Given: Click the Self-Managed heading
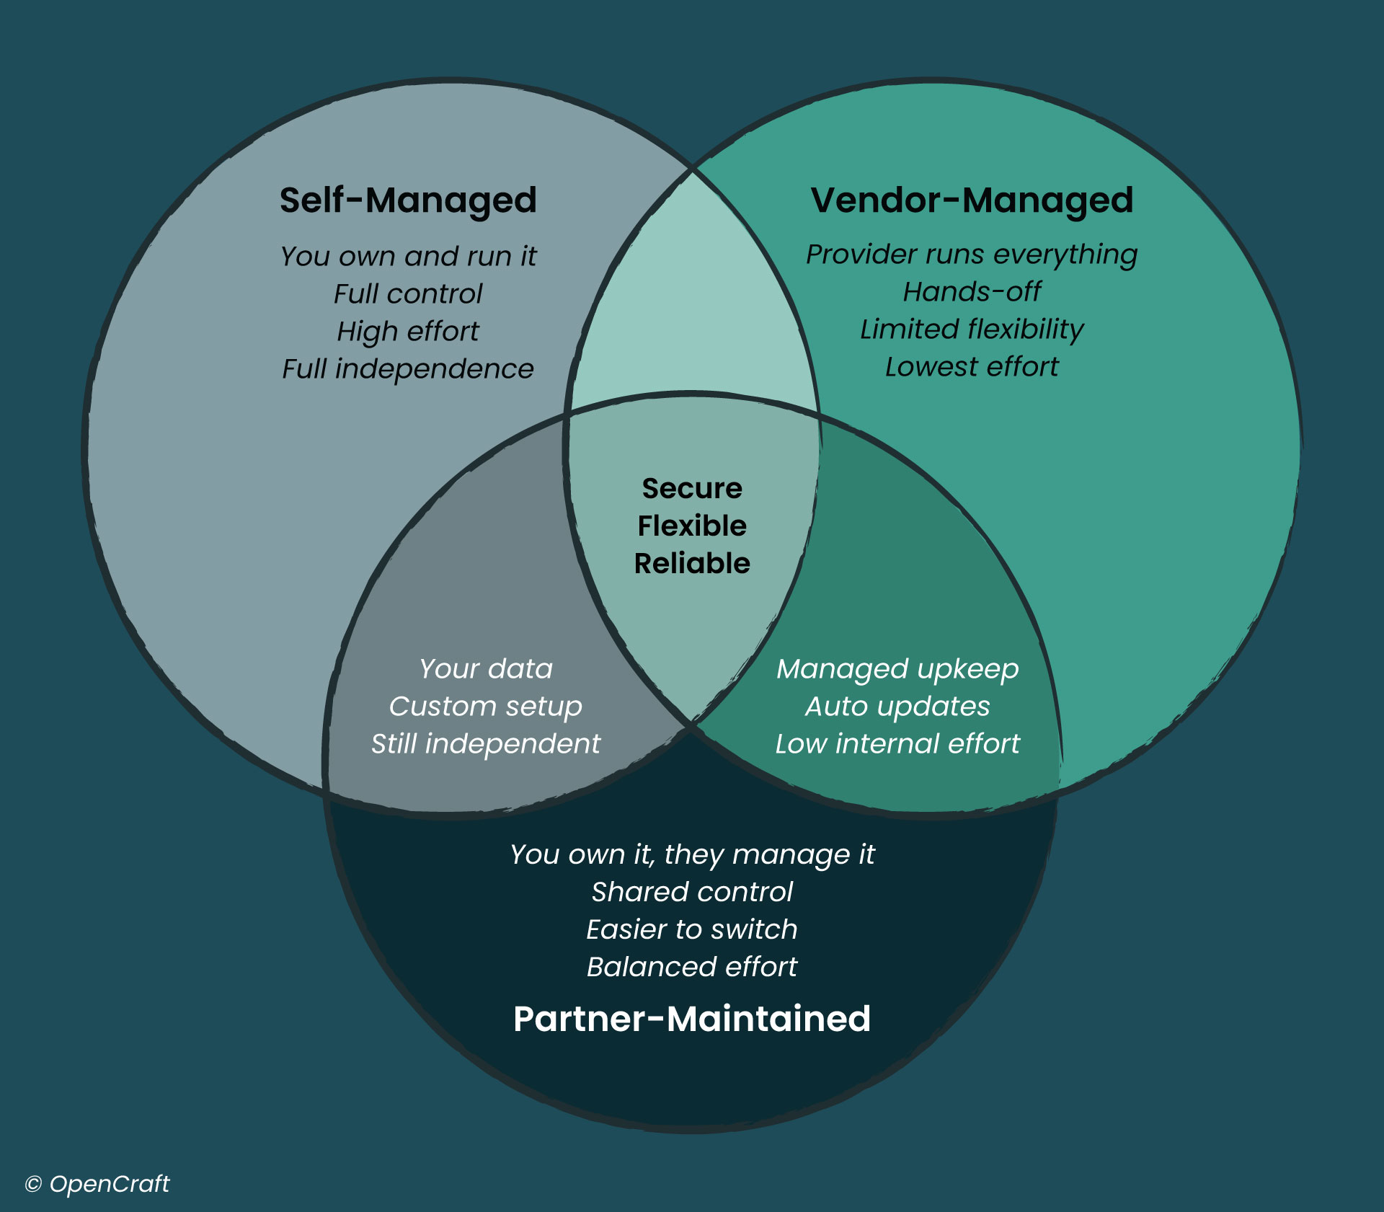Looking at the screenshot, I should click(408, 200).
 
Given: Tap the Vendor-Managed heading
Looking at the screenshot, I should click(972, 200).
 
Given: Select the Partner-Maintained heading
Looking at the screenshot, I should click(692, 1019).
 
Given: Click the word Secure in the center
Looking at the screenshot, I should click(692, 489).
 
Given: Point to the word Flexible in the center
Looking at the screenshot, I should click(692, 526).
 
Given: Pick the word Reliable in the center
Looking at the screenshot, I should click(692, 563).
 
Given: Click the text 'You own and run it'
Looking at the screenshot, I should click(408, 256).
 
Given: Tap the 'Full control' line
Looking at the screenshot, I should click(408, 293).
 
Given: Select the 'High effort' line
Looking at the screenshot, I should click(408, 331).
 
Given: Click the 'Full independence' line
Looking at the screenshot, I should click(408, 369).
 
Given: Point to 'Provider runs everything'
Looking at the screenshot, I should click(972, 255).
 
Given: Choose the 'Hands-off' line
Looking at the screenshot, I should click(972, 292).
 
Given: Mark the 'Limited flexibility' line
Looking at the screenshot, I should click(972, 329).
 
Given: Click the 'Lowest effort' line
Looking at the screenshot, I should click(972, 367).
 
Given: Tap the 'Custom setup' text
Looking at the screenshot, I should click(485, 707).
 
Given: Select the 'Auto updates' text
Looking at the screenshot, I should click(897, 707).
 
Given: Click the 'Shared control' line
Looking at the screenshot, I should click(692, 892).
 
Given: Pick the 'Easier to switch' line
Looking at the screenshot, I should click(692, 929).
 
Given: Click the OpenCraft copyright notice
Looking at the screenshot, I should click(97, 1184).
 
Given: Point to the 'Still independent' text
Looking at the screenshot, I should click(485, 744).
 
